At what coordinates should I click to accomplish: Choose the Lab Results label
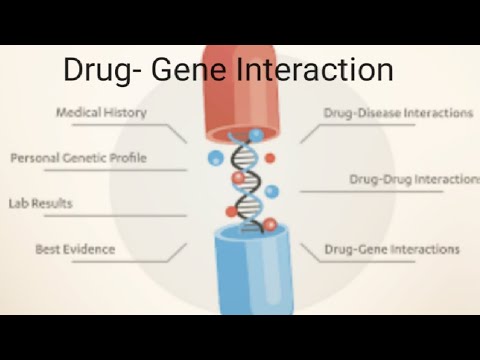point(40,203)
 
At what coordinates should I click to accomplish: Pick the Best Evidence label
point(75,248)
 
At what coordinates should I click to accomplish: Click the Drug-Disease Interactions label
point(398,113)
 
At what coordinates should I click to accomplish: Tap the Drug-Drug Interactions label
point(412,180)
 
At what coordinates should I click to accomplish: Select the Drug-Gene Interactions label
point(392,248)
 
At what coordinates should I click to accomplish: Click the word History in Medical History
point(128,113)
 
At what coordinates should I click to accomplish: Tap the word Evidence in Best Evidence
point(91,248)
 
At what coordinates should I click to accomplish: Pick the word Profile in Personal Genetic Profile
point(125,158)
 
